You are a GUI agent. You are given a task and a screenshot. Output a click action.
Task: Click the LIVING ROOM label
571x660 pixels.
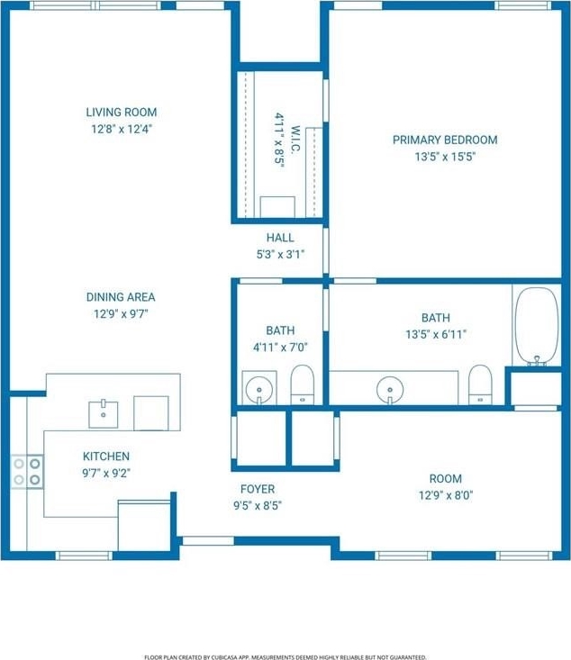(x=122, y=113)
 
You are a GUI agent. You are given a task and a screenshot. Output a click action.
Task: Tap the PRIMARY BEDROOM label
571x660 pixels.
(x=445, y=140)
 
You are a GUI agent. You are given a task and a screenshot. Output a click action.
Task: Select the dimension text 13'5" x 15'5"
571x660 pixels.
(x=445, y=157)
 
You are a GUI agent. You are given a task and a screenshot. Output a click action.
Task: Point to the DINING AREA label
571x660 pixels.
(x=121, y=297)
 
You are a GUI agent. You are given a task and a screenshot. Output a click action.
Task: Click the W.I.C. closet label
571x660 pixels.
(x=295, y=140)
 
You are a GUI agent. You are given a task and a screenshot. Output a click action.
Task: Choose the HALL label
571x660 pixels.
(x=280, y=238)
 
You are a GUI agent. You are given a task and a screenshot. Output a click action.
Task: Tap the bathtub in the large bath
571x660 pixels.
(x=537, y=326)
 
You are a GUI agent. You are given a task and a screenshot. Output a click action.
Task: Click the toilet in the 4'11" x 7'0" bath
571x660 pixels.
(x=303, y=384)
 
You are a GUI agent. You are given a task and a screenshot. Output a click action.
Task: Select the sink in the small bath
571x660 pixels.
(x=259, y=388)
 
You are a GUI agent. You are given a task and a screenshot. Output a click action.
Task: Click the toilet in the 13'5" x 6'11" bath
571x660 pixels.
(x=480, y=384)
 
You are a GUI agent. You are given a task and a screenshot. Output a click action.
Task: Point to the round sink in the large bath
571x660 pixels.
(x=390, y=389)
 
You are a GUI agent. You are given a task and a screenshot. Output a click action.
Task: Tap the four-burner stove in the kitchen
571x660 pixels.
(x=27, y=472)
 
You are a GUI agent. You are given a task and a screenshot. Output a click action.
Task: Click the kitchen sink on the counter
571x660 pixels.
(x=104, y=414)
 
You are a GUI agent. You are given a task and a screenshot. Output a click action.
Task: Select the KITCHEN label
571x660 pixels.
(x=106, y=457)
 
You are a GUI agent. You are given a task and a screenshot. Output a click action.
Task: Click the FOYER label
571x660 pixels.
(x=258, y=489)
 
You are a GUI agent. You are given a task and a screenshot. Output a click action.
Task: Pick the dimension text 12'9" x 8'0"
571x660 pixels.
(x=446, y=495)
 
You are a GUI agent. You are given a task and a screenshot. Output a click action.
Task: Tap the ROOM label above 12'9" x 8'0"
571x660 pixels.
(x=446, y=479)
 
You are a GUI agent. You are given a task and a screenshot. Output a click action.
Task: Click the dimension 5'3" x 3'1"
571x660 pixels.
(x=280, y=254)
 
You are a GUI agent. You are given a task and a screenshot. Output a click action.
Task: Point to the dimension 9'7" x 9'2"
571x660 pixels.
(x=106, y=473)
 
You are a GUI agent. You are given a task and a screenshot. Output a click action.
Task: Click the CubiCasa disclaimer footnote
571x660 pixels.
(x=285, y=657)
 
